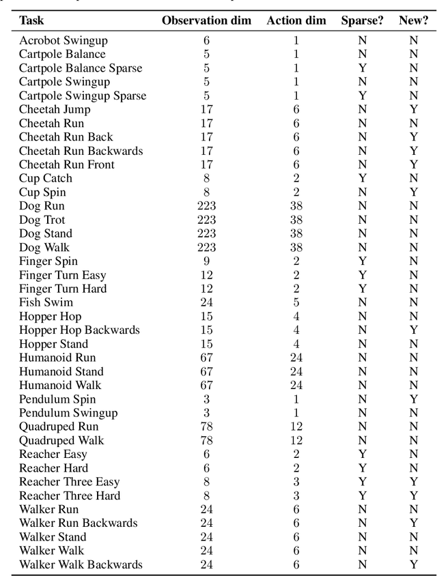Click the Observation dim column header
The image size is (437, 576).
pos(206,20)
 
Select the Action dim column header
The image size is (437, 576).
pos(296,20)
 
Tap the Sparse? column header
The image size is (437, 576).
pos(362,20)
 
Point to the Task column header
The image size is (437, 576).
pos(31,20)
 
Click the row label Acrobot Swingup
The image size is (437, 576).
pos(63,40)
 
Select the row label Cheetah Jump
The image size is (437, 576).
pos(55,109)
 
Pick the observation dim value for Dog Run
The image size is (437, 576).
pos(206,206)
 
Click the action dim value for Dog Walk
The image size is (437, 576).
pos(296,247)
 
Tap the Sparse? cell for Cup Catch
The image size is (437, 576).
pos(362,178)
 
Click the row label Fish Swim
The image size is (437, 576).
pos(46,302)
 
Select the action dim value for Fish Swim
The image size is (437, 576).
pos(296,302)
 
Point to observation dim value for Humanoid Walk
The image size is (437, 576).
pos(206,385)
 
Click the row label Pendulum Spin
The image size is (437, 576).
pos(57,399)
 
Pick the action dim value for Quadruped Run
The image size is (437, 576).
pos(296,427)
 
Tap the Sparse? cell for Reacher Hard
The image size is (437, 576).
pos(362,468)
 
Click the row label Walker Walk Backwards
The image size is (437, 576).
pos(81,564)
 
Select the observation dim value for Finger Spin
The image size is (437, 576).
pos(206,261)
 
